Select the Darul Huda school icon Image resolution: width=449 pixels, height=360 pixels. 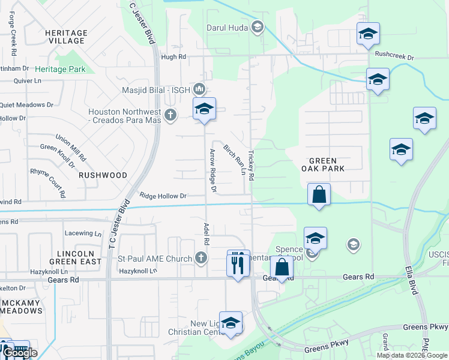258,26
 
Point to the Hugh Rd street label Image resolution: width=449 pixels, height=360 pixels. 174,57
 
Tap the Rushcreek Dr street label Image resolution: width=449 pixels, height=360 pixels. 394,55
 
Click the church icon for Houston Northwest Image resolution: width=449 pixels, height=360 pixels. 170,114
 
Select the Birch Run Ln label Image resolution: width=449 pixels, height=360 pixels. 235,160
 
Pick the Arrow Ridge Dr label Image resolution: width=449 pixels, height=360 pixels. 212,171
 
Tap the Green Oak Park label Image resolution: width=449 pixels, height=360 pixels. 327,164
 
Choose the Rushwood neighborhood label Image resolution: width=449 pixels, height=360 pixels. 102,175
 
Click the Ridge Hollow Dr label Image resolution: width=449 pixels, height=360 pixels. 163,196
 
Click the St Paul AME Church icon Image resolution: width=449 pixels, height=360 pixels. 201,259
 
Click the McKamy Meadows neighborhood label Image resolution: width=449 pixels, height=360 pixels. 21,306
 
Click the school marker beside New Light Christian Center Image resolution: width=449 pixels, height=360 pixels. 231,323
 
